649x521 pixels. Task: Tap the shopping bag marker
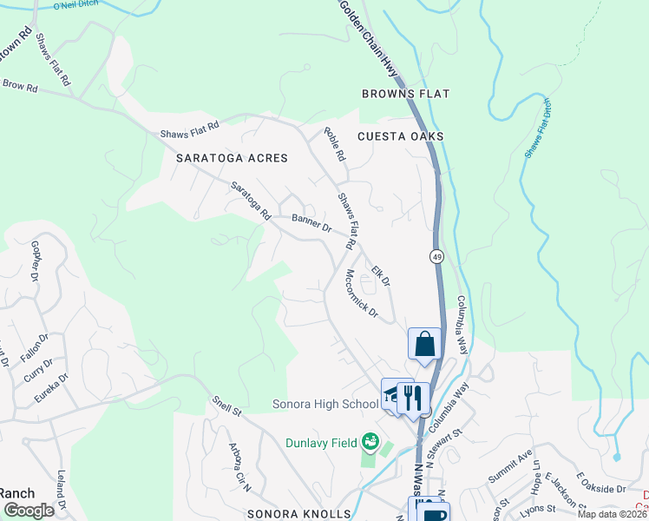click(x=425, y=343)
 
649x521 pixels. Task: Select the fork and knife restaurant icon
click(x=413, y=398)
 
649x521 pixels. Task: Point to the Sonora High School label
click(x=325, y=404)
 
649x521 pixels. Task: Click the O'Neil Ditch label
click(x=78, y=6)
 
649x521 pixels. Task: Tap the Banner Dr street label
click(x=311, y=223)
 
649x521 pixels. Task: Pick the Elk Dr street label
click(x=381, y=276)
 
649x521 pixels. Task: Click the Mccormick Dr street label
click(x=361, y=293)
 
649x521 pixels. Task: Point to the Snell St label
click(x=228, y=406)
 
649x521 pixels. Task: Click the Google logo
click(x=29, y=511)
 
